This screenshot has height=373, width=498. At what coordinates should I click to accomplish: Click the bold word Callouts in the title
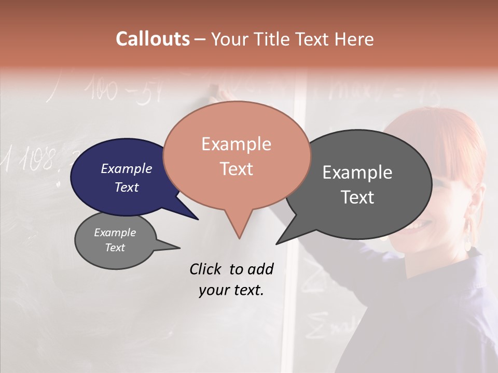click(x=153, y=39)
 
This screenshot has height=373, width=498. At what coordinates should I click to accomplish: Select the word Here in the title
click(x=354, y=39)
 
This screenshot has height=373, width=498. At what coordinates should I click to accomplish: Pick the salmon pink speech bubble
click(x=237, y=155)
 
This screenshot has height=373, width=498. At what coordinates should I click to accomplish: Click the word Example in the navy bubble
click(x=127, y=168)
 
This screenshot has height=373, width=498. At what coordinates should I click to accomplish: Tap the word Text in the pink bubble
click(x=237, y=169)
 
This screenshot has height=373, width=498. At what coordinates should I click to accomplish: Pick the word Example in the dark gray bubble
click(x=357, y=173)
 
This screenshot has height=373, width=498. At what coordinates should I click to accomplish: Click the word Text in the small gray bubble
click(x=115, y=248)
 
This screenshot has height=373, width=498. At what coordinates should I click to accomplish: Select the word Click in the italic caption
click(x=206, y=269)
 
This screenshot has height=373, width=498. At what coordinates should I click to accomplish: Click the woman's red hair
click(x=441, y=140)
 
